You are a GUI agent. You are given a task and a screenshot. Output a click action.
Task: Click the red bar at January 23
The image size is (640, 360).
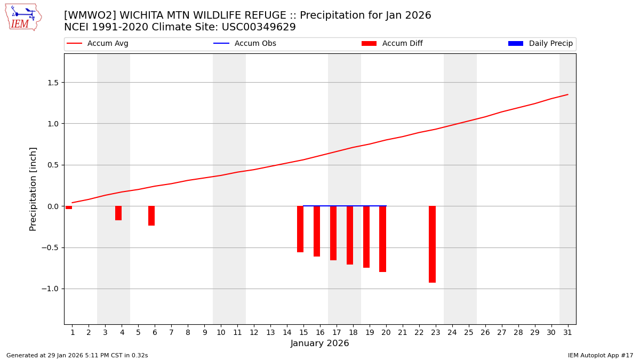point(432,244)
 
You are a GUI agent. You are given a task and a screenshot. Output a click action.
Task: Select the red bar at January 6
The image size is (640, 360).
point(151,215)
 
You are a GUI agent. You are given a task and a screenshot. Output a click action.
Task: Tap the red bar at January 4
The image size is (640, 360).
point(118,213)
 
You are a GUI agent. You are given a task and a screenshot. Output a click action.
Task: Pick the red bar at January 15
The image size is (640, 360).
point(300,229)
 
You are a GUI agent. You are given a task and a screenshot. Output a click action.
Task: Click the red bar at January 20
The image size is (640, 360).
point(382,239)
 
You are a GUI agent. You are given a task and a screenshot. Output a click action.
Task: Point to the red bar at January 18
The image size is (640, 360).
point(350,235)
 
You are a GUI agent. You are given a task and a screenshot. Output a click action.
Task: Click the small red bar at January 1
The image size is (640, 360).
point(69,207)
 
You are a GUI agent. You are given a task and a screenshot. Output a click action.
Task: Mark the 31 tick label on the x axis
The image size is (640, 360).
point(567,333)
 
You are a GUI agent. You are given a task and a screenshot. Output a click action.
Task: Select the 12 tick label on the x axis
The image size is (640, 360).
point(254,333)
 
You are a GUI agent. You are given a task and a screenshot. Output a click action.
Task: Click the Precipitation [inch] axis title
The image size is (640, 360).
point(33,189)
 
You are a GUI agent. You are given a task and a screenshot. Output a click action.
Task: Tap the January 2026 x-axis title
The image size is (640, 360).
point(319,344)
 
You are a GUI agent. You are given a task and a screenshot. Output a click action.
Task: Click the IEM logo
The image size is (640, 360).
point(23,17)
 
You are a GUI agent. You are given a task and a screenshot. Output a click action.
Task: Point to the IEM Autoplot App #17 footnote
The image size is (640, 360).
point(600,355)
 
